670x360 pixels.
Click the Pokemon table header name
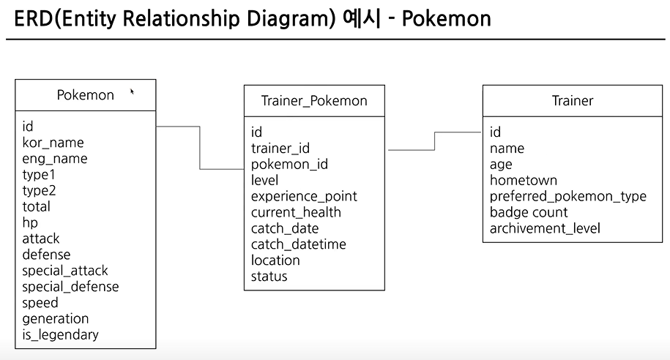(x=85, y=95)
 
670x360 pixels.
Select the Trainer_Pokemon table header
(x=314, y=100)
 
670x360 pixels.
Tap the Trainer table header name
(x=573, y=100)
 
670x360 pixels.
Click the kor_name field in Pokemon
(x=53, y=143)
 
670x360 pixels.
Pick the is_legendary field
(x=60, y=334)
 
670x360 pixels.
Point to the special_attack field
(x=65, y=271)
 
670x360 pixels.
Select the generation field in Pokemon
(x=55, y=318)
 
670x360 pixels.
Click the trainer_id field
(x=280, y=149)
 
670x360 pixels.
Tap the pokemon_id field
(x=289, y=165)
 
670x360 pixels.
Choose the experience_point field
(x=304, y=196)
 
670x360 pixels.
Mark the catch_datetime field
(x=299, y=244)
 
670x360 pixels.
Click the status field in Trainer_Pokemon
(x=269, y=277)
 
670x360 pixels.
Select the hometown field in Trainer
(x=524, y=180)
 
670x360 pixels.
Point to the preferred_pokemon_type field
(x=568, y=196)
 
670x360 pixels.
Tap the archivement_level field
(x=545, y=228)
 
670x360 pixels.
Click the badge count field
(x=529, y=212)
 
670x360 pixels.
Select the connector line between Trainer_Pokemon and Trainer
(x=435, y=140)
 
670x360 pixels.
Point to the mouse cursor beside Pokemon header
(x=132, y=91)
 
